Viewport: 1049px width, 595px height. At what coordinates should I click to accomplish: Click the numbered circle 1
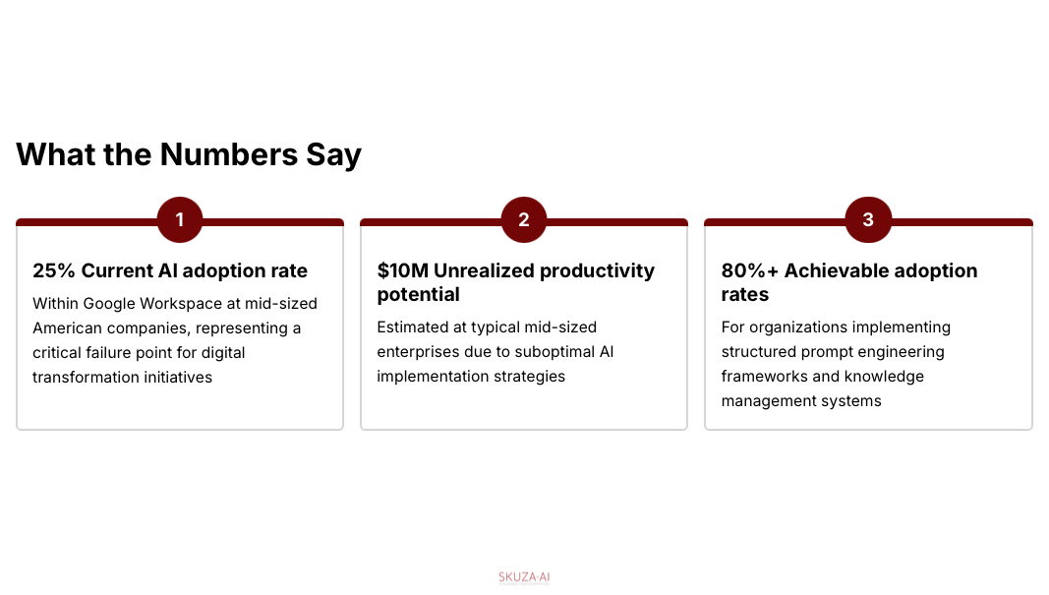coord(180,219)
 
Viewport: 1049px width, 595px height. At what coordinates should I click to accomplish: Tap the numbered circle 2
coord(524,219)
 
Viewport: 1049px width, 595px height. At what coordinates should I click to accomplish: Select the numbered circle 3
coord(868,219)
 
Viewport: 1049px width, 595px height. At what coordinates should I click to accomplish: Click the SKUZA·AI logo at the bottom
coord(524,578)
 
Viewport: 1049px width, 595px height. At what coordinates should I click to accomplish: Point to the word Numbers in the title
coord(229,154)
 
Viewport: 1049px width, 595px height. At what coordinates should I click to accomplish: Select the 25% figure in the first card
coord(53,270)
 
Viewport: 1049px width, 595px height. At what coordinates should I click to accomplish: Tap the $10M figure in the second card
coord(403,270)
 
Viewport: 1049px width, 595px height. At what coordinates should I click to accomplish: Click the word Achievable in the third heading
coord(837,270)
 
